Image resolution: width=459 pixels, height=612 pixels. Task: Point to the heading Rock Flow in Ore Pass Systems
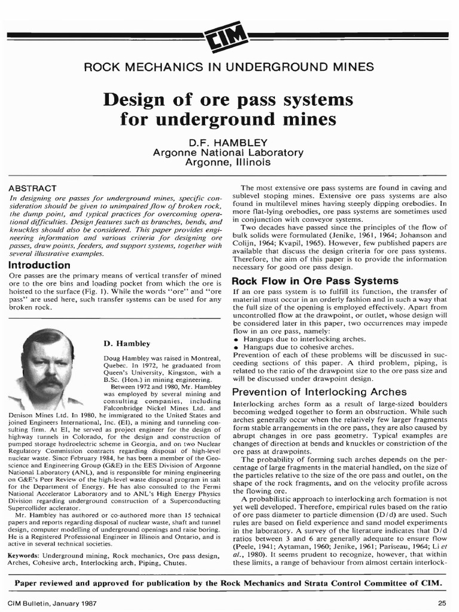point(314,280)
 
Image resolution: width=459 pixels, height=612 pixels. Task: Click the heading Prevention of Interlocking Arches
point(319,392)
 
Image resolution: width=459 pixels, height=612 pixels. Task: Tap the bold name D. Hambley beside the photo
point(127,344)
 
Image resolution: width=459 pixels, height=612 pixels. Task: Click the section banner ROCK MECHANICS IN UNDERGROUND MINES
point(229,66)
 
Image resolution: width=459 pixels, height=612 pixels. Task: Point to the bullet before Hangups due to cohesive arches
point(236,347)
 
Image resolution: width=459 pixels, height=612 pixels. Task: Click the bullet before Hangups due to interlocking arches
point(236,339)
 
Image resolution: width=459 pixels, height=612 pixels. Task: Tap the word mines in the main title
point(305,118)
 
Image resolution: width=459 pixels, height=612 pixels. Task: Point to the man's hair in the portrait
point(48,340)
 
